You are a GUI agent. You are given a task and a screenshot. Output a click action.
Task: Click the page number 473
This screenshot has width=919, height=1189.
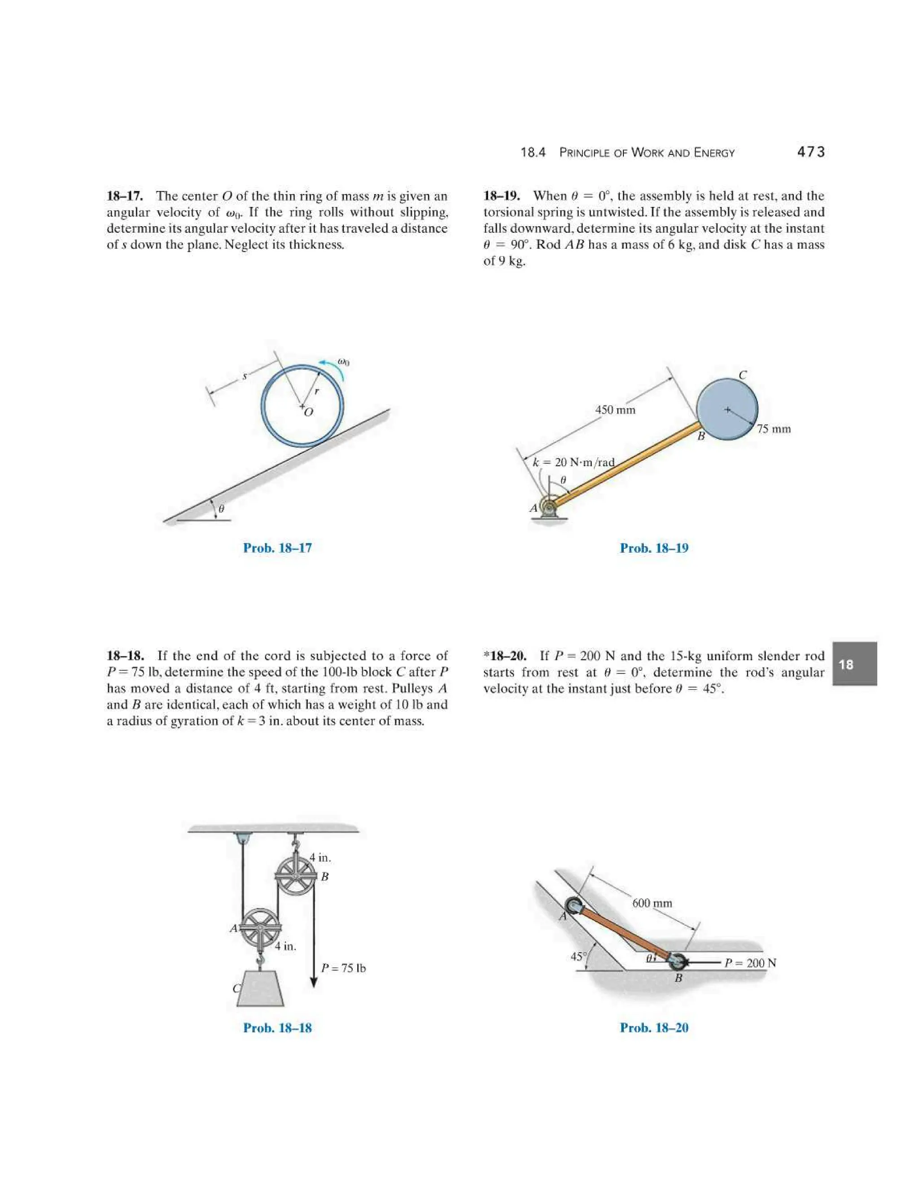pos(810,152)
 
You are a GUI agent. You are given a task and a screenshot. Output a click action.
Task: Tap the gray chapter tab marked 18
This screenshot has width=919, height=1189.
pos(854,664)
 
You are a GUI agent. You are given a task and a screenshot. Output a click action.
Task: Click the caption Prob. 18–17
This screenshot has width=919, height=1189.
pos(277,548)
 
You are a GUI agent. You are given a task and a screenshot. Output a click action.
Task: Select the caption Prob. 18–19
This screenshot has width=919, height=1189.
pos(654,548)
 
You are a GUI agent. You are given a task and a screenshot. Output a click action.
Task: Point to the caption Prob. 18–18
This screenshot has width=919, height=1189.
pos(277,1028)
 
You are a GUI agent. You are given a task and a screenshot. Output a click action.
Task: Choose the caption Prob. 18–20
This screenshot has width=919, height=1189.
pos(654,1028)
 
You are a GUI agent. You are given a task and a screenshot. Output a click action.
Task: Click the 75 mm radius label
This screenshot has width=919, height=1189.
pos(774,429)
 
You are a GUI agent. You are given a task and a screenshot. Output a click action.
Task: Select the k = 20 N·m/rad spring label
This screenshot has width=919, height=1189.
pos(573,462)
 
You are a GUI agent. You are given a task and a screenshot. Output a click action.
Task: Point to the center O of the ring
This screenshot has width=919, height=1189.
pos(302,406)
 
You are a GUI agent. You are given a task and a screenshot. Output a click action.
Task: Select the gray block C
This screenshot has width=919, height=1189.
pos(260,988)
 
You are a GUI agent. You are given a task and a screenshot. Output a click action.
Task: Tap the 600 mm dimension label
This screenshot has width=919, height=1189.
pos(652,903)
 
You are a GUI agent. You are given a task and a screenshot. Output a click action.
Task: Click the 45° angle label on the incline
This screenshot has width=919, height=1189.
pos(578,957)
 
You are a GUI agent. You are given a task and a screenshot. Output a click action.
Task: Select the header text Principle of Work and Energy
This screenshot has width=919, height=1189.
pos(647,153)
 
